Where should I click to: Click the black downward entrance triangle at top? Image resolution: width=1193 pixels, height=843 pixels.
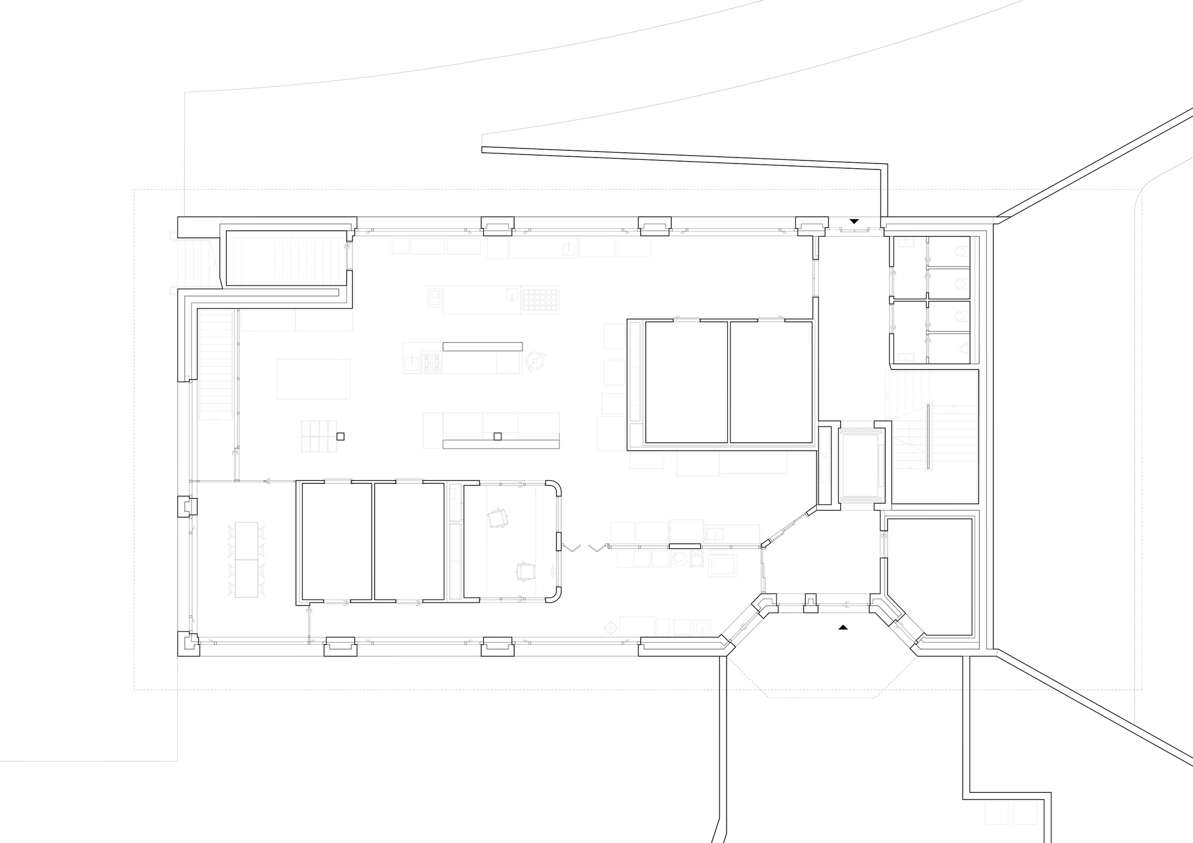click(854, 221)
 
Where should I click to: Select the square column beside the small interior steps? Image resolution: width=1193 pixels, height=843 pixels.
click(340, 436)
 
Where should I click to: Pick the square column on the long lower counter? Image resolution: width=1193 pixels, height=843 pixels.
click(497, 436)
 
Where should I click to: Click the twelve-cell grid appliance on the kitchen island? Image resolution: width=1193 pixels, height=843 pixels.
click(540, 299)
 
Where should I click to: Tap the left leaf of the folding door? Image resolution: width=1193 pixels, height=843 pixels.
click(573, 547)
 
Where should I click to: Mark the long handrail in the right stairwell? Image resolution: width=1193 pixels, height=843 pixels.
click(929, 436)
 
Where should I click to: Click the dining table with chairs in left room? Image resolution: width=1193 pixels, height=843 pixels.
click(247, 559)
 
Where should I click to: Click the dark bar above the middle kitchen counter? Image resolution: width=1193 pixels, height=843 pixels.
click(482, 347)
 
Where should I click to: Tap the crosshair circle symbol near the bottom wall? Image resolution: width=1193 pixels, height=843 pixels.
click(610, 627)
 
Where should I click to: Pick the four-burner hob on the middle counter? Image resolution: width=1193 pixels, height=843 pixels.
click(432, 362)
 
